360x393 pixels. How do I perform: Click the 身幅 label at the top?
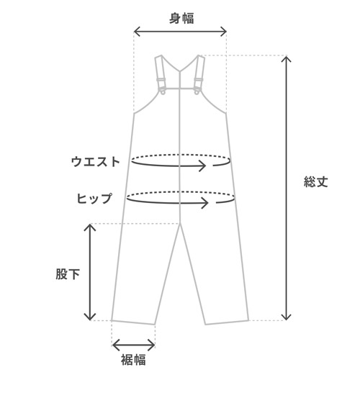(x=181, y=18)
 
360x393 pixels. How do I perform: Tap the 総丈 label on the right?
(x=316, y=181)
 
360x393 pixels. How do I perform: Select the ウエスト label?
(x=96, y=162)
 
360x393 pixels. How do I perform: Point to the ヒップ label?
(x=94, y=198)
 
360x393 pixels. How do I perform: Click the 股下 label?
(x=68, y=274)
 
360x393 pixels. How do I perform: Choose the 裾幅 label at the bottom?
(x=133, y=360)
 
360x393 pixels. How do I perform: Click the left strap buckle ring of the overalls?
(x=163, y=92)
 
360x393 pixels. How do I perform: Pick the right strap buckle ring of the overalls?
(x=197, y=92)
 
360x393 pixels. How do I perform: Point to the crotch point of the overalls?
(x=180, y=224)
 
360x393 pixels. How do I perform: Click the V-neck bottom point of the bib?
(x=180, y=71)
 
